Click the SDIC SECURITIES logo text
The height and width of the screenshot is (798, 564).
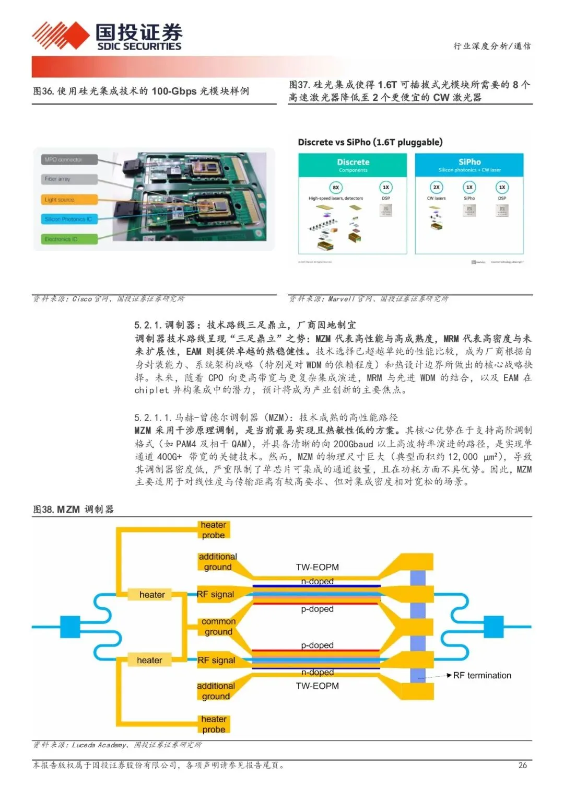(x=139, y=46)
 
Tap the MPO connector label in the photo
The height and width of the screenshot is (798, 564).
(x=64, y=159)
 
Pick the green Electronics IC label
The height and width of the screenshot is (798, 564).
(x=62, y=239)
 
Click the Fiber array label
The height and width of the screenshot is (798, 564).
(x=58, y=179)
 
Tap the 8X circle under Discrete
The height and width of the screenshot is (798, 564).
(x=336, y=187)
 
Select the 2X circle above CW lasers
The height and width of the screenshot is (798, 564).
(x=436, y=187)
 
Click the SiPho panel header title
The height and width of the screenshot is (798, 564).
(x=469, y=162)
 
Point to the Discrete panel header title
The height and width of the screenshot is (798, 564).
(x=353, y=162)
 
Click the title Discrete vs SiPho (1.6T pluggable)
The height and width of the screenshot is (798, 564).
(x=370, y=142)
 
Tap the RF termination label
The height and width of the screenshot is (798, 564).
(x=482, y=675)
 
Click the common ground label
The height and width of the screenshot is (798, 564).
(x=218, y=627)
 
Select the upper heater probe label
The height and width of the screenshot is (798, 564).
(x=214, y=530)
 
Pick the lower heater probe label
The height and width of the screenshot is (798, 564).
(x=214, y=724)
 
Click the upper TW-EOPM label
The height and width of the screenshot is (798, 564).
(x=318, y=567)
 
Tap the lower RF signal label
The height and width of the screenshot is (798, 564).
(x=216, y=660)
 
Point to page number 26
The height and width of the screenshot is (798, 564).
(x=522, y=765)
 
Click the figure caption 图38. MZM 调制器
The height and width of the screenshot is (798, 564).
(x=73, y=509)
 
